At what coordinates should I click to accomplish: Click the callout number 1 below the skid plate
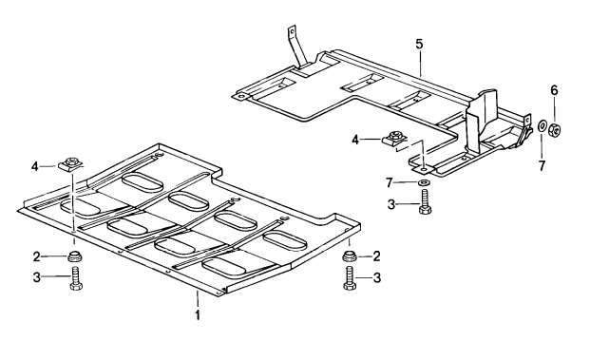(198, 314)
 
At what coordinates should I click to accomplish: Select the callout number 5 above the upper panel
(419, 44)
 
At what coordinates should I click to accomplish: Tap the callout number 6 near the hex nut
(554, 90)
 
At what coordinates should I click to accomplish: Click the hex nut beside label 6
(556, 129)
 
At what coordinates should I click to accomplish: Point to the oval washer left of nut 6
(542, 125)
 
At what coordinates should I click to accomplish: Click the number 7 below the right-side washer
(542, 165)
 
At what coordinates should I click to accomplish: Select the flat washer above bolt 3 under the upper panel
(424, 182)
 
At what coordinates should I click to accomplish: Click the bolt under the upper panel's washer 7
(425, 202)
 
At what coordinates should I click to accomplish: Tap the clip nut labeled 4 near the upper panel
(395, 140)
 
